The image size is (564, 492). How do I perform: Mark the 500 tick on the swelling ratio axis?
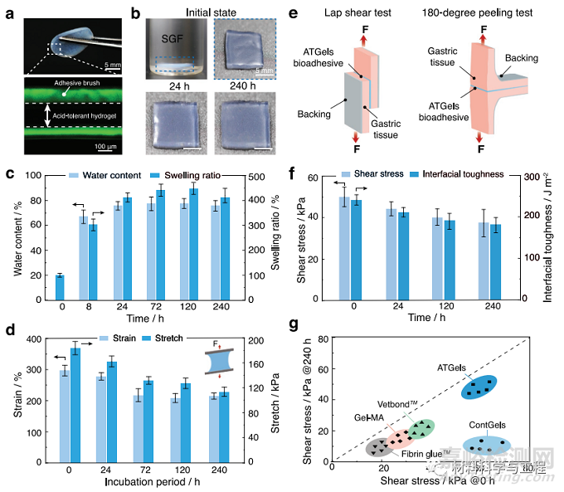click(251, 178)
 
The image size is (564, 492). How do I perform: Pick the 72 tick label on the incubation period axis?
click(143, 470)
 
